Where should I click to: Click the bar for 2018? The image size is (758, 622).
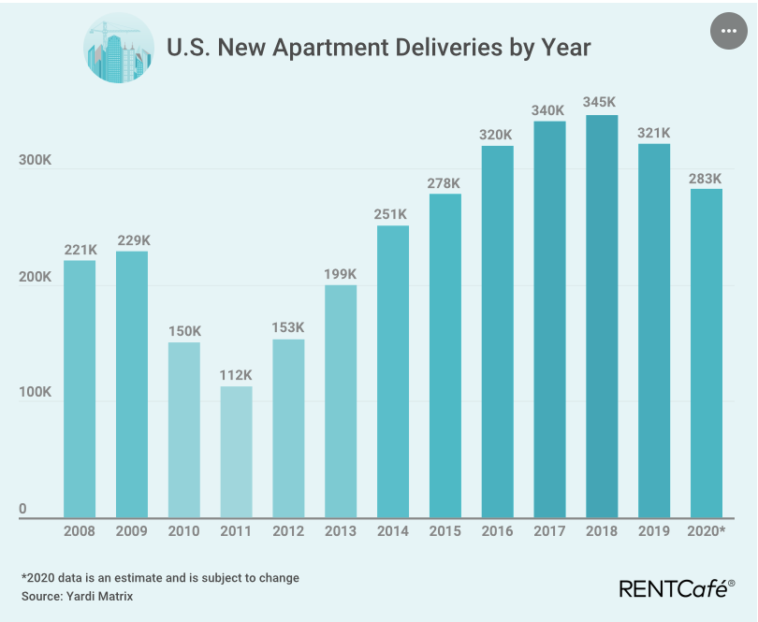point(602,315)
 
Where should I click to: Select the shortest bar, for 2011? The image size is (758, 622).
point(236,451)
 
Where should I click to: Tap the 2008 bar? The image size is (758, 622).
point(80,388)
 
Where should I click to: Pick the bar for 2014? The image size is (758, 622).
point(393,370)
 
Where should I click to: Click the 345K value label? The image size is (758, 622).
point(602,101)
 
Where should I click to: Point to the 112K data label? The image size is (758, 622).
point(236,374)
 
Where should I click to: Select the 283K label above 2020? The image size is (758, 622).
point(706,177)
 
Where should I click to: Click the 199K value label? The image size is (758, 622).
point(341,273)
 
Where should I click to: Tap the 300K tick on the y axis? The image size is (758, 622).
point(36,161)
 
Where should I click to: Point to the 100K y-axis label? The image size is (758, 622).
point(36,393)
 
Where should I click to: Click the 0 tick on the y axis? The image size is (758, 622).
point(23,509)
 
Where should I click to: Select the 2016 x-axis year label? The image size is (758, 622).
point(497,530)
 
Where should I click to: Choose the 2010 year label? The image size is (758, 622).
point(183,530)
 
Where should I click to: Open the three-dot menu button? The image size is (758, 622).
point(730,33)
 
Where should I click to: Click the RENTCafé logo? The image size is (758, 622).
point(677,587)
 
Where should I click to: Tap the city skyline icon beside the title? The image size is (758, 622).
point(118,49)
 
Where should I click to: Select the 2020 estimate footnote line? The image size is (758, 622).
point(160,578)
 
